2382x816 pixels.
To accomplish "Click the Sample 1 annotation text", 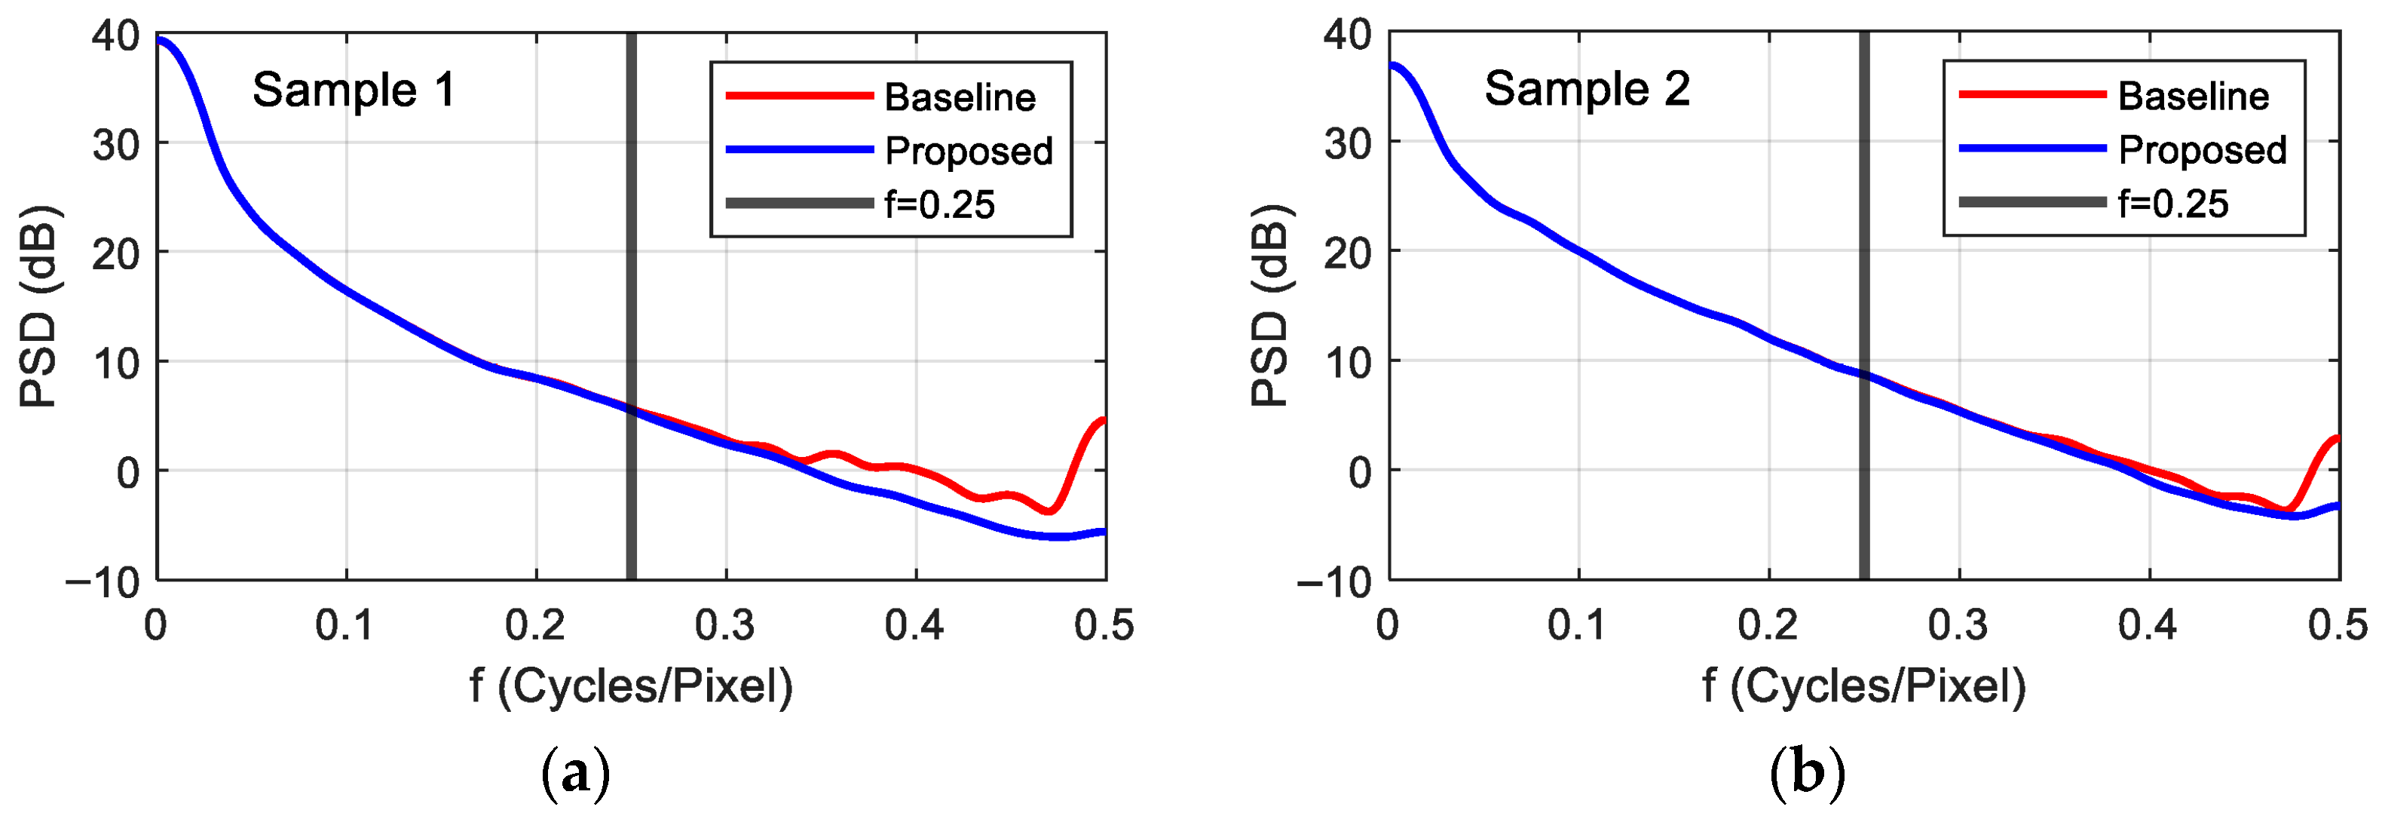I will tap(354, 90).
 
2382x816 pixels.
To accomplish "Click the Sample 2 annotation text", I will tap(1587, 89).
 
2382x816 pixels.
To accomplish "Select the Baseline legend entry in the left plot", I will tap(959, 97).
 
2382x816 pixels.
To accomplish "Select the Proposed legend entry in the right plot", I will tap(2202, 150).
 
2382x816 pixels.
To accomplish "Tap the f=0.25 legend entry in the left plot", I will tap(938, 204).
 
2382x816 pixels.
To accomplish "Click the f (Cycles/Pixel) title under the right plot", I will tap(1863, 686).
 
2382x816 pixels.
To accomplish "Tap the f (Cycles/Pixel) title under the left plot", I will tap(631, 686).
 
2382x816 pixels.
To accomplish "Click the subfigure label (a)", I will tap(575, 772).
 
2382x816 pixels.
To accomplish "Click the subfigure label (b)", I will tap(1807, 772).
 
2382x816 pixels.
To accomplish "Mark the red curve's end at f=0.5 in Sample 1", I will tap(1103, 421).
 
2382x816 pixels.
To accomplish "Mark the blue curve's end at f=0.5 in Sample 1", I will tap(1103, 532).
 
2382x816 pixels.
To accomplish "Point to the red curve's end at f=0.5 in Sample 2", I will tap(2337, 437).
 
